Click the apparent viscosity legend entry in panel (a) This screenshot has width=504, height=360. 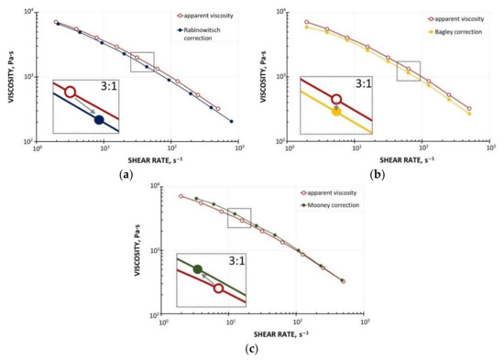click(x=203, y=15)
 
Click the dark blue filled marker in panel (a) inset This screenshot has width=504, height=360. click(x=99, y=119)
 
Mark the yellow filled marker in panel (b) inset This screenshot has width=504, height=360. click(x=336, y=112)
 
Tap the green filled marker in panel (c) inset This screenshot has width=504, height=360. click(x=198, y=269)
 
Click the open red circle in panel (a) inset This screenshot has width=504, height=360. click(x=70, y=93)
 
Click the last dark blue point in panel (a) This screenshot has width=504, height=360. click(x=231, y=122)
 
